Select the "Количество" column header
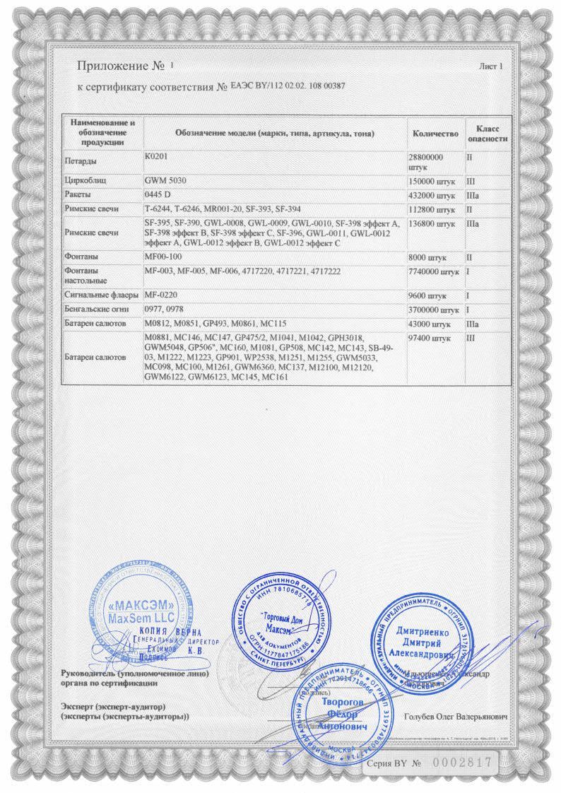435,134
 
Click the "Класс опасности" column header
488,134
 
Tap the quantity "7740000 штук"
435,271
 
